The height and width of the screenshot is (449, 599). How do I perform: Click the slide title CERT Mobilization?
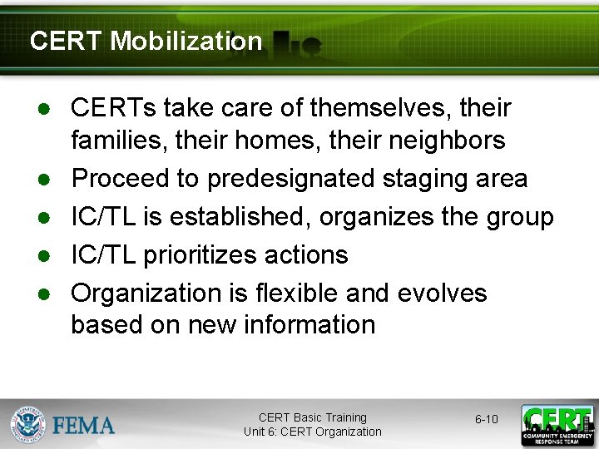pos(146,41)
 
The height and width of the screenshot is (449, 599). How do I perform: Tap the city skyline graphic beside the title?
pos(296,42)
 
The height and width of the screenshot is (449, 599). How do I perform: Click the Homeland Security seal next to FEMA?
pos(29,424)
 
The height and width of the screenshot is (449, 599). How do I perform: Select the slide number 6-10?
pos(487,419)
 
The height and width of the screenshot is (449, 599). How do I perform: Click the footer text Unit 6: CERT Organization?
pos(312,432)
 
